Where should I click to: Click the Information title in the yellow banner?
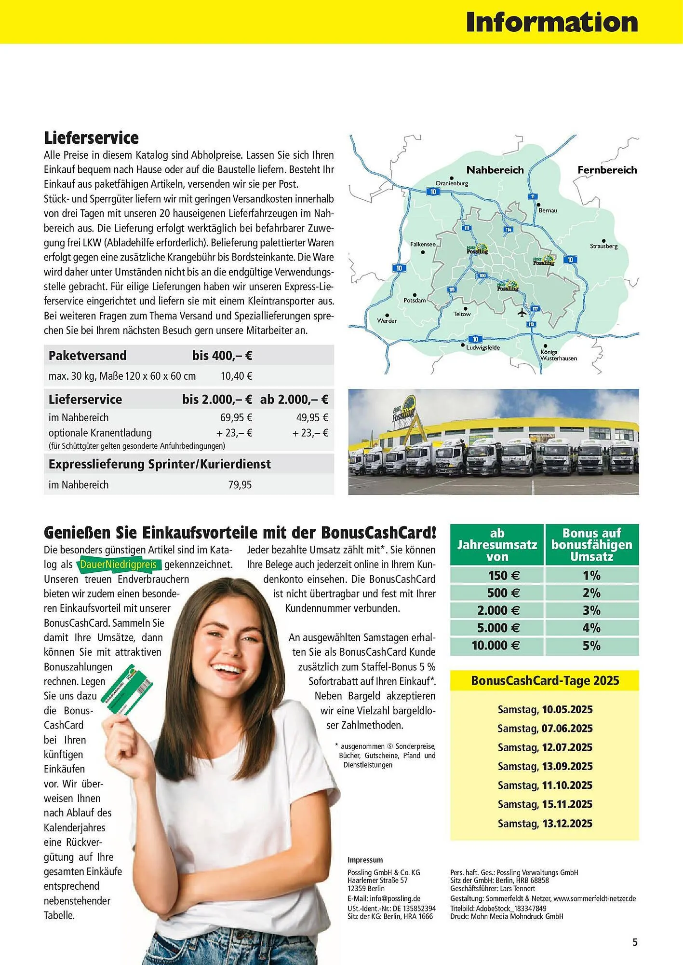[551, 22]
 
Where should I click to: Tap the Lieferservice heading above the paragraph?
[91, 138]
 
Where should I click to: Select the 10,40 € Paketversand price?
[236, 376]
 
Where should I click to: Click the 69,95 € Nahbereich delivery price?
[236, 418]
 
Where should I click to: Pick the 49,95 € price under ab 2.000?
[312, 418]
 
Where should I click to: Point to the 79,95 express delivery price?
[240, 485]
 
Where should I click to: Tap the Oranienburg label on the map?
[452, 183]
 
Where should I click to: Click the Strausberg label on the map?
[603, 246]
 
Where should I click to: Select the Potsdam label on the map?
[415, 300]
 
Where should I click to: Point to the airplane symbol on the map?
[522, 313]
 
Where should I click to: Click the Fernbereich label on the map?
[607, 170]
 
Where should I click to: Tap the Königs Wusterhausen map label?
[558, 355]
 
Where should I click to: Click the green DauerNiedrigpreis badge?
[119, 565]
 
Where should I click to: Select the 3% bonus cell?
[591, 610]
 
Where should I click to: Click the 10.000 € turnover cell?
[496, 646]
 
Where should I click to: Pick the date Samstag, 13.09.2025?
[545, 766]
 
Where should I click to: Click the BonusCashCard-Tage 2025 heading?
[545, 681]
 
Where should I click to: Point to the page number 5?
[635, 942]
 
